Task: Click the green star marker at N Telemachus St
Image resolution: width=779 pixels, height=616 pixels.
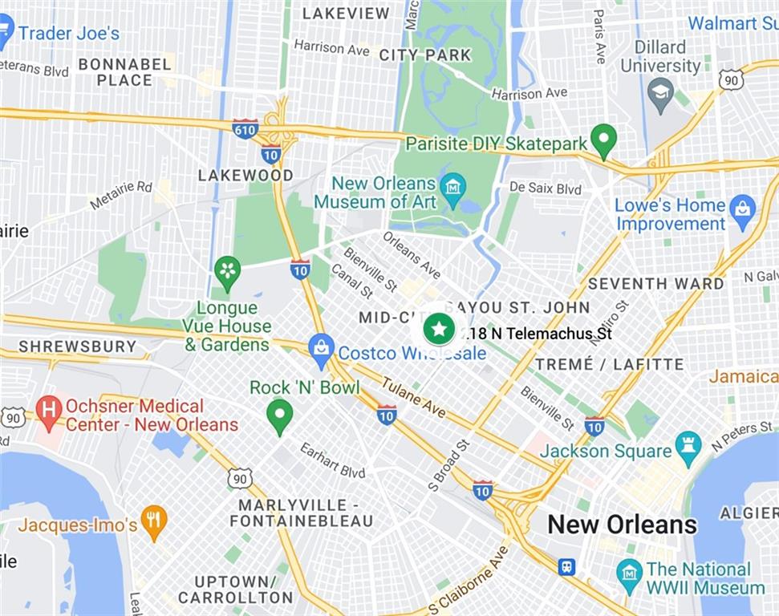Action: [x=439, y=329]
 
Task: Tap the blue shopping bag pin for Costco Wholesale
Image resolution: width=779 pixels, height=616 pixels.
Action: [x=322, y=348]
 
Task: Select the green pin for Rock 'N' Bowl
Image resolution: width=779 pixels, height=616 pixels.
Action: [x=279, y=415]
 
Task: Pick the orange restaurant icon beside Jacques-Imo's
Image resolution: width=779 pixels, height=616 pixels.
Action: [x=153, y=521]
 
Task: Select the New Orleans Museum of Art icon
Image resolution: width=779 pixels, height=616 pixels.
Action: [x=453, y=188]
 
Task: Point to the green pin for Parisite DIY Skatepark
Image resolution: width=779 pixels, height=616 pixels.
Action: [x=603, y=140]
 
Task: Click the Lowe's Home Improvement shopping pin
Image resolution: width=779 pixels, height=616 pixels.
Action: [x=743, y=209]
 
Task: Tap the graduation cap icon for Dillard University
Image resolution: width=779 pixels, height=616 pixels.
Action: [x=660, y=92]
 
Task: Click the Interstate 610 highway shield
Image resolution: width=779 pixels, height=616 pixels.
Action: [x=245, y=129]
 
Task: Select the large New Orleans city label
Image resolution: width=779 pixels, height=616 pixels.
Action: [x=622, y=525]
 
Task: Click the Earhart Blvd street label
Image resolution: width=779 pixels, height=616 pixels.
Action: [x=333, y=460]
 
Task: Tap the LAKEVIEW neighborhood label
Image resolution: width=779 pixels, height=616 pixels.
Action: [x=346, y=14]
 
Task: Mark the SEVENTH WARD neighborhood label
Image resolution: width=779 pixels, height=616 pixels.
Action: [x=655, y=284]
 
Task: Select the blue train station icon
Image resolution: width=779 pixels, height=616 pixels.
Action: [x=567, y=566]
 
